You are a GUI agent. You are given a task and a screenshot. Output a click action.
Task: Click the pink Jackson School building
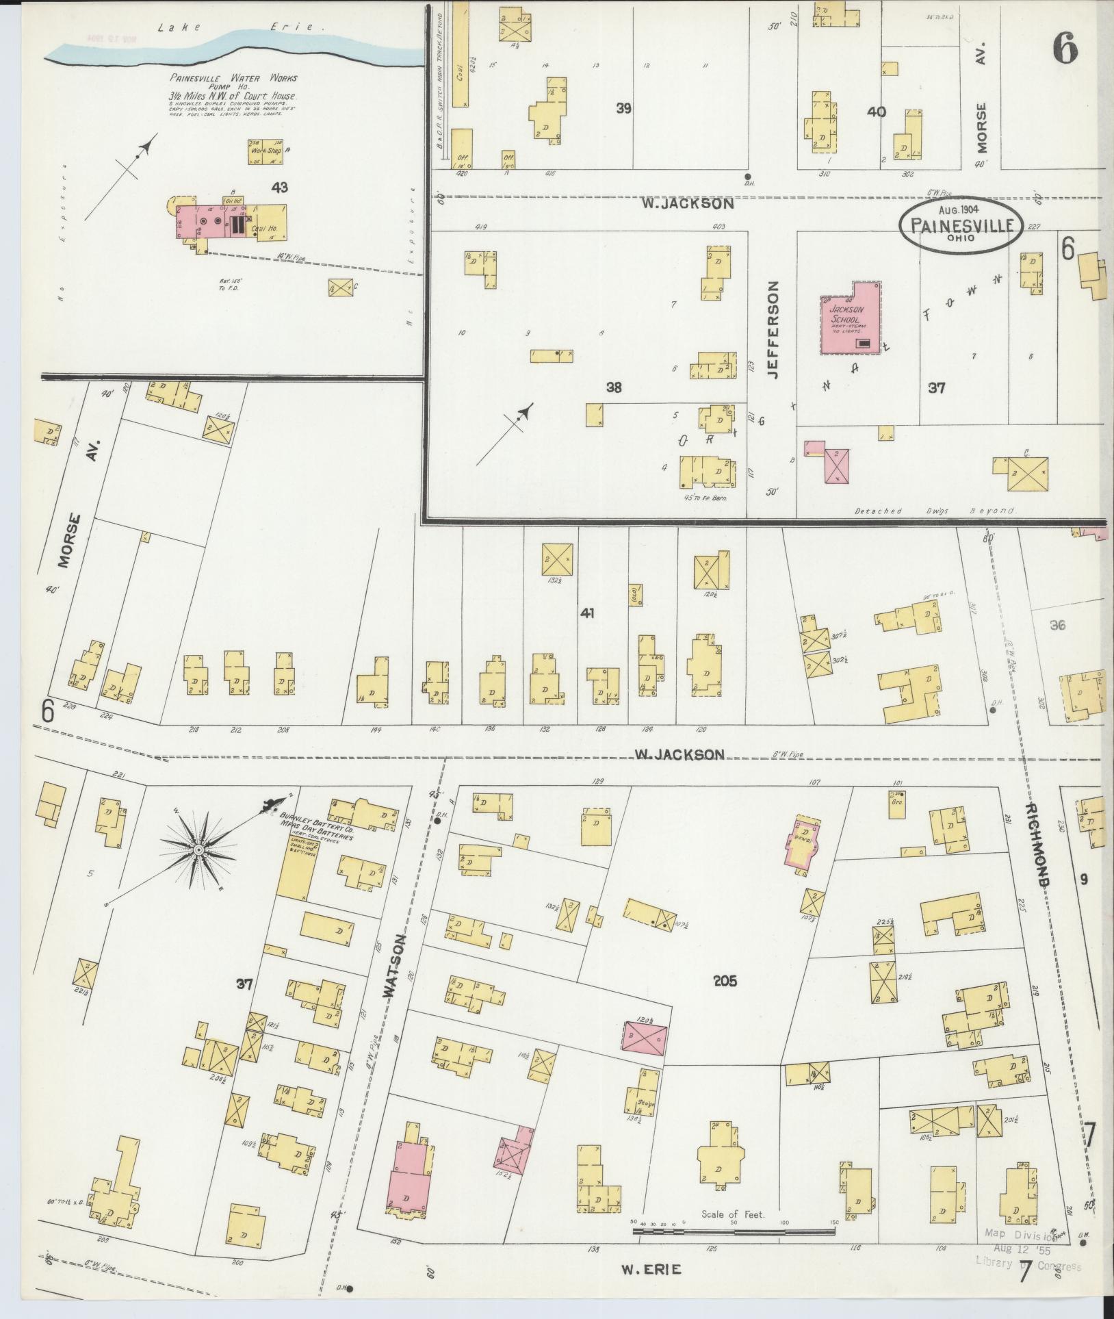(x=850, y=318)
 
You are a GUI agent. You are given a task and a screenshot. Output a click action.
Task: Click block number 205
(x=725, y=982)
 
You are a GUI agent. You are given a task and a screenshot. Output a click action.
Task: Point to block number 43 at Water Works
(x=278, y=187)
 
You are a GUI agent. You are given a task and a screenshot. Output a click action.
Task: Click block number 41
(x=587, y=613)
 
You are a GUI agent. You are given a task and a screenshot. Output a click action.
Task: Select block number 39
(x=623, y=108)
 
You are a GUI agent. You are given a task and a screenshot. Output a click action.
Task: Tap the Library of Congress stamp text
(x=1028, y=1266)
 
